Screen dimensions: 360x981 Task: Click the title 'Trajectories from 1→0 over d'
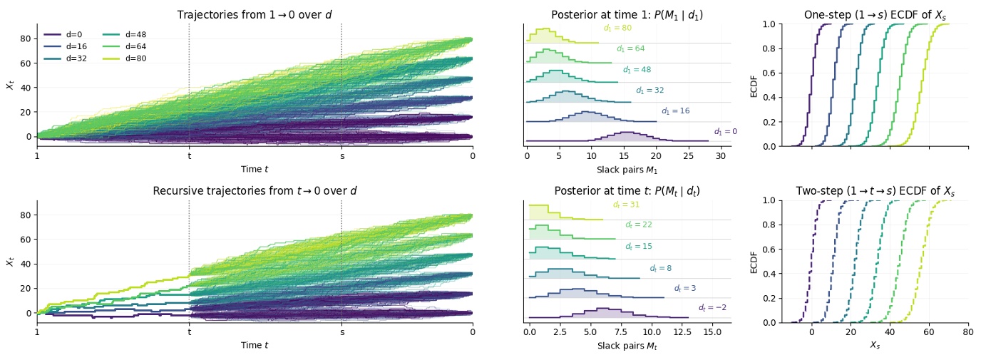[x=255, y=15]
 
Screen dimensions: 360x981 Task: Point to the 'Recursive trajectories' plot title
[x=255, y=191]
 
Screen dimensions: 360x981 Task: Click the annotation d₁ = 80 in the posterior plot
[x=617, y=29]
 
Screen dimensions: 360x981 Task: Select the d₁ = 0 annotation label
[x=725, y=131]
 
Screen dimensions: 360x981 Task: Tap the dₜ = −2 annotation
[x=712, y=307]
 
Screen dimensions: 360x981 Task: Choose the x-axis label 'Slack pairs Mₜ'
[x=627, y=345]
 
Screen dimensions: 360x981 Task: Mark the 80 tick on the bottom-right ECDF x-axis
[x=967, y=331]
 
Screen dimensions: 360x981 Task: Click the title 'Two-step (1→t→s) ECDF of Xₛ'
[x=875, y=191]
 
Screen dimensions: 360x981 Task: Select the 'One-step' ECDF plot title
[x=875, y=15]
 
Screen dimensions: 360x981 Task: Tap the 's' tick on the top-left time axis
[x=341, y=155]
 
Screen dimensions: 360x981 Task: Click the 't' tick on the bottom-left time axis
[x=189, y=331]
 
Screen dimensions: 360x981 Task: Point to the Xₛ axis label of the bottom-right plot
[x=875, y=345]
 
